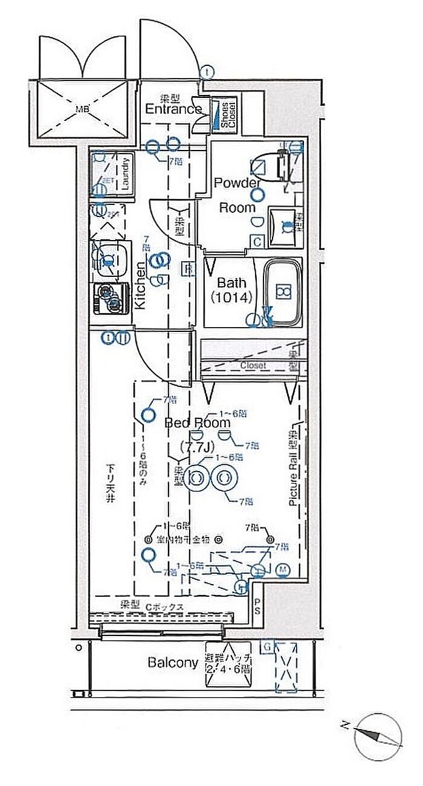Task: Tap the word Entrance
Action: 173,109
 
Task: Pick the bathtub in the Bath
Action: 283,292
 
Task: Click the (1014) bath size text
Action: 230,297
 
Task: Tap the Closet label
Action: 253,365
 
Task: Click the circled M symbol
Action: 283,570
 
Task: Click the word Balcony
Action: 173,663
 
